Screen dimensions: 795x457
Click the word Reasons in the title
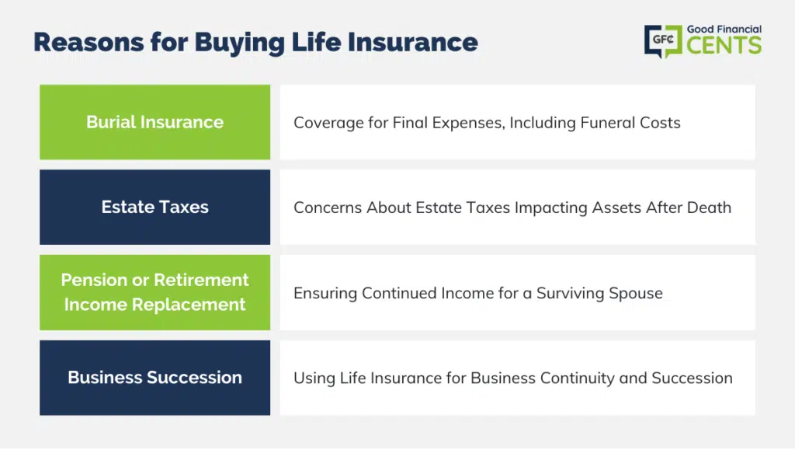pyautogui.click(x=89, y=42)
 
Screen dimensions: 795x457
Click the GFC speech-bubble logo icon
pyautogui.click(x=663, y=41)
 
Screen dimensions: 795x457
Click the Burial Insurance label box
pyautogui.click(x=154, y=122)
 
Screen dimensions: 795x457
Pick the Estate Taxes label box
pyautogui.click(x=154, y=208)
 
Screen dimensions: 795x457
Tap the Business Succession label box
pyautogui.click(x=154, y=378)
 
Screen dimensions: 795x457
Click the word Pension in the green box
pyautogui.click(x=94, y=280)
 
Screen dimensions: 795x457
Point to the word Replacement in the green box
pyautogui.click(x=189, y=305)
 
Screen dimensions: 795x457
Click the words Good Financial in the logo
pyautogui.click(x=724, y=30)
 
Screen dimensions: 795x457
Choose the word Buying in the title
pyautogui.click(x=240, y=43)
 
